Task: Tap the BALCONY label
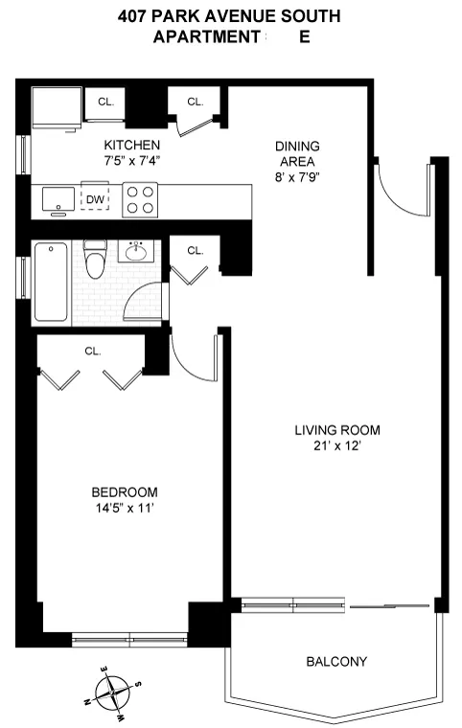pyautogui.click(x=335, y=662)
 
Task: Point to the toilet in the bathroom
pyautogui.click(x=95, y=260)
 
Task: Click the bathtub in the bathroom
pyautogui.click(x=52, y=282)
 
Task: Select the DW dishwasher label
pyautogui.click(x=95, y=199)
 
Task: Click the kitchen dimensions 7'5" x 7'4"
pyautogui.click(x=132, y=161)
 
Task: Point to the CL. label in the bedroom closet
pyautogui.click(x=93, y=351)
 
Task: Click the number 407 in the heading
pyautogui.click(x=134, y=16)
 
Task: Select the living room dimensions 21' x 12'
pyautogui.click(x=336, y=445)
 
